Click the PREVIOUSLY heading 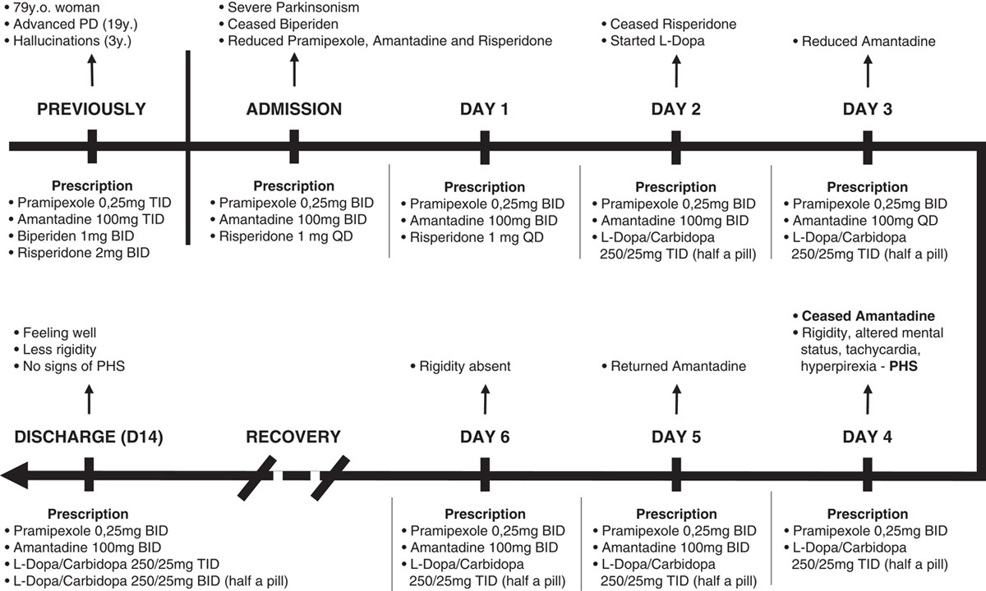(x=91, y=108)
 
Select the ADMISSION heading (x=294, y=108)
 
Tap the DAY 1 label (x=485, y=108)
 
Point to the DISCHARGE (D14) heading (x=89, y=437)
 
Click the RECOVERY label (x=293, y=437)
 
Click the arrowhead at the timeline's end (x=15, y=474)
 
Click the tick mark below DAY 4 (x=867, y=474)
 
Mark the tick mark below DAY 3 (x=867, y=146)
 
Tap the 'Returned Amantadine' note (x=678, y=366)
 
